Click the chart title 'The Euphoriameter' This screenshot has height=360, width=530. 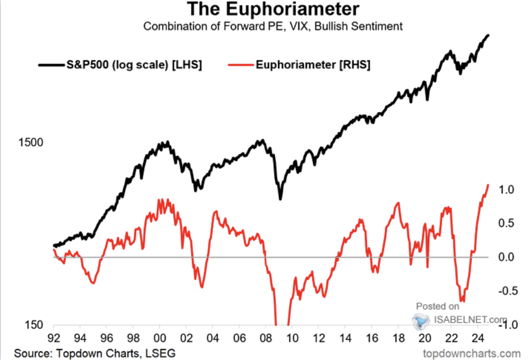[273, 9]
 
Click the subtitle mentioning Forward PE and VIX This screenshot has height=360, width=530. [273, 26]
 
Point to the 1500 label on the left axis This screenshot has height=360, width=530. [31, 142]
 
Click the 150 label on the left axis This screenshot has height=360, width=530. [34, 325]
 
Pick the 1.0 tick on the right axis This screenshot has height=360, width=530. [506, 190]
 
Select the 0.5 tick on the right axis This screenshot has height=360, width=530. [506, 223]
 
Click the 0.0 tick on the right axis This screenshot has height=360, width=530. [506, 257]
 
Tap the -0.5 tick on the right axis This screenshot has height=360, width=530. [508, 291]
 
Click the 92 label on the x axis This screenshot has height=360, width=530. [54, 338]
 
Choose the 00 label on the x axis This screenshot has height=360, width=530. [160, 338]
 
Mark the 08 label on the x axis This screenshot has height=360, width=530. [266, 338]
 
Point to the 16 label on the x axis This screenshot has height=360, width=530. [372, 338]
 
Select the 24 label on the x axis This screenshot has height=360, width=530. [478, 338]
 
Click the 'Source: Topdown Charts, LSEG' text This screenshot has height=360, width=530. [95, 353]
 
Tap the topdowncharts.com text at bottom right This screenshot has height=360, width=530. [472, 354]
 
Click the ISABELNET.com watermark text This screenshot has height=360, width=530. [470, 320]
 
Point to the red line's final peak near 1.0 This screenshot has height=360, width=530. [488, 185]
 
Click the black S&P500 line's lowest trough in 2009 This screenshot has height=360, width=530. [280, 199]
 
